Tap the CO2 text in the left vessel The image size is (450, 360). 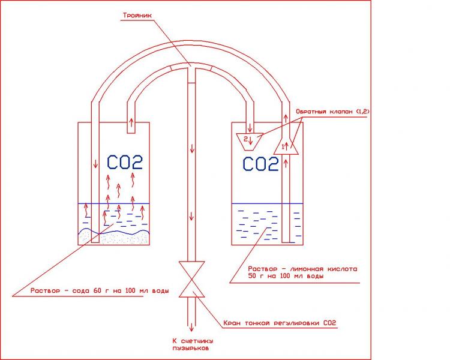click(x=125, y=162)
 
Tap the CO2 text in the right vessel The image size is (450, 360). click(x=261, y=163)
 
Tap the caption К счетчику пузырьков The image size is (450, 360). click(x=192, y=343)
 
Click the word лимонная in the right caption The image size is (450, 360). click(x=304, y=268)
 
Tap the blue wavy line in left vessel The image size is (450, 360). click(x=114, y=230)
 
